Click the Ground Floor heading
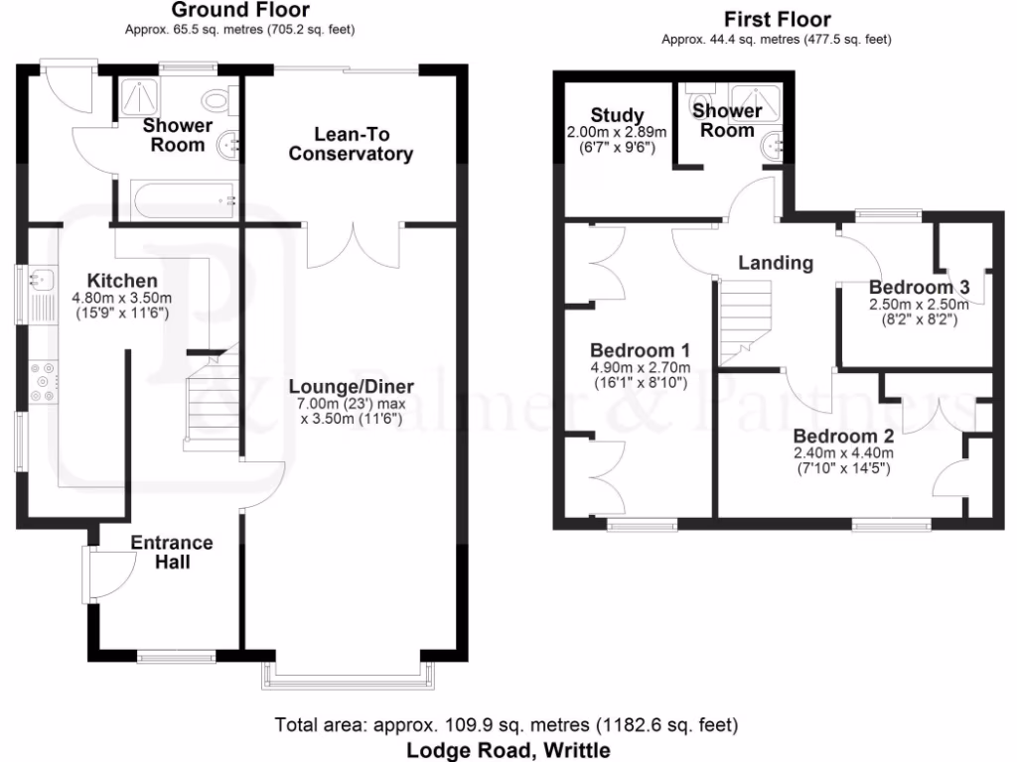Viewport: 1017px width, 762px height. pyautogui.click(x=239, y=11)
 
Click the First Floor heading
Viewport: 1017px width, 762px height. pyautogui.click(x=778, y=19)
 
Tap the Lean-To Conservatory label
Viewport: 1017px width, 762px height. pyautogui.click(x=349, y=144)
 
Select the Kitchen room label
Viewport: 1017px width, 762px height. pyautogui.click(x=122, y=281)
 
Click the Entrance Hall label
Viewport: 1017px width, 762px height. pyautogui.click(x=172, y=553)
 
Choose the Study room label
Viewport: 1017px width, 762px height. pyautogui.click(x=617, y=115)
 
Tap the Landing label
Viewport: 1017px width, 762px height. pyautogui.click(x=776, y=263)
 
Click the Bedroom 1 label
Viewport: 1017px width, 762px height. pyautogui.click(x=640, y=351)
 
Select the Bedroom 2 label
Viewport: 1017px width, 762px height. pyautogui.click(x=843, y=436)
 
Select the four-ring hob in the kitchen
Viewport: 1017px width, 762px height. pyautogui.click(x=43, y=381)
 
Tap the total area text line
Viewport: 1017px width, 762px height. pyautogui.click(x=507, y=725)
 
